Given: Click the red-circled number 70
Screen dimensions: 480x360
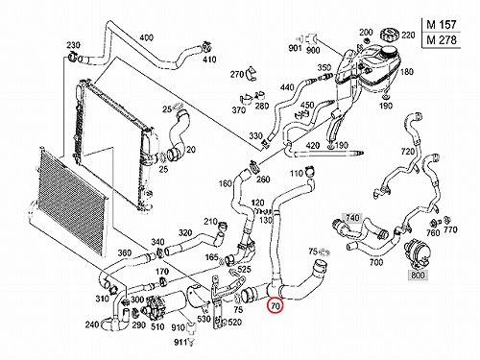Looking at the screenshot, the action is click(x=276, y=306).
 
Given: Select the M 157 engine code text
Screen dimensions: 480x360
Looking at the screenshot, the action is click(x=442, y=24).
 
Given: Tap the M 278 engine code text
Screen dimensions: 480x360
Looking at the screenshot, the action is click(x=442, y=40).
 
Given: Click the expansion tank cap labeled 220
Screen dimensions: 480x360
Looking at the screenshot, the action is click(x=389, y=35).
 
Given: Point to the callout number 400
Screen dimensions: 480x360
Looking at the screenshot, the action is click(x=147, y=37).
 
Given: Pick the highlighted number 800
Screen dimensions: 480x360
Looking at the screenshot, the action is click(x=419, y=275).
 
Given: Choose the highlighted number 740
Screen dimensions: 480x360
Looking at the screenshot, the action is click(x=352, y=218).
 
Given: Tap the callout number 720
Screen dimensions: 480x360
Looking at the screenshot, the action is click(x=408, y=151).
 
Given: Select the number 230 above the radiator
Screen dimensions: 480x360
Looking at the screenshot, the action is click(x=73, y=45).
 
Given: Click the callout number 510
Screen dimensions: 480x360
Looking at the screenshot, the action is click(x=157, y=326).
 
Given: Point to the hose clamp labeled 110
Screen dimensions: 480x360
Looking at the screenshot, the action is click(x=310, y=172).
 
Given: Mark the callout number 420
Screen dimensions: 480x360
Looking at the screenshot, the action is click(x=313, y=146).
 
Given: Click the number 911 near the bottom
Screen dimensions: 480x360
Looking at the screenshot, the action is click(x=180, y=343).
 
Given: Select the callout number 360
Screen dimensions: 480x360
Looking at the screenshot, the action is click(x=125, y=252).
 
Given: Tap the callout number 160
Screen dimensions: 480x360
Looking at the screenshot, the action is click(x=226, y=183).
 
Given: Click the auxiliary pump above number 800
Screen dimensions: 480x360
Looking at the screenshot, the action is click(x=417, y=253).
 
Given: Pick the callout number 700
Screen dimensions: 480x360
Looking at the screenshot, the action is click(x=376, y=262).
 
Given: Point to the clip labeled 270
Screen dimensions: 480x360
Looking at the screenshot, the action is click(x=252, y=73).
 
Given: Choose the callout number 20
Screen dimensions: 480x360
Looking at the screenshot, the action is click(x=191, y=150).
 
